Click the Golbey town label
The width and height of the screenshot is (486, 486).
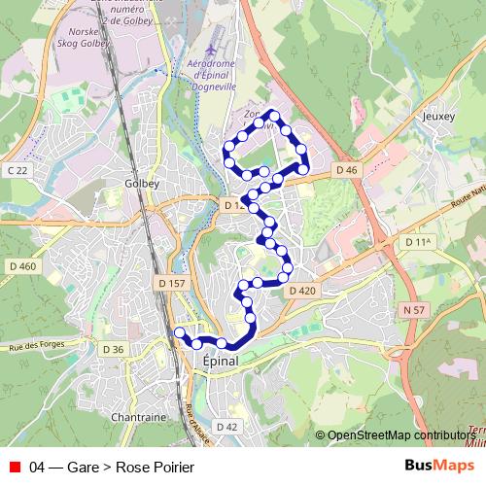coord(142,183)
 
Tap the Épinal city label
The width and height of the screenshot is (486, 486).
coord(220,360)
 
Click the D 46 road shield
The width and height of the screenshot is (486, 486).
coord(347,170)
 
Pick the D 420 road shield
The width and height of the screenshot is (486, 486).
coord(301,291)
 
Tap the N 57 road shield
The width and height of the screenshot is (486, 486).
coord(413,309)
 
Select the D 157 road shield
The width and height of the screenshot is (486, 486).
coord(171,284)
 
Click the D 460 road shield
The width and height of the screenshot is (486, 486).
coord(21,266)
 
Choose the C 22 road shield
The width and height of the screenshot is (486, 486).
coord(17,170)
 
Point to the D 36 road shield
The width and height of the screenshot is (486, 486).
coord(113,349)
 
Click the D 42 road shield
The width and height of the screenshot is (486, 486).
coord(226,426)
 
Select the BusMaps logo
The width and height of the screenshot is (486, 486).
coord(438,467)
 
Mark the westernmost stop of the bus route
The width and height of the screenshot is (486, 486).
coord(178,333)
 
